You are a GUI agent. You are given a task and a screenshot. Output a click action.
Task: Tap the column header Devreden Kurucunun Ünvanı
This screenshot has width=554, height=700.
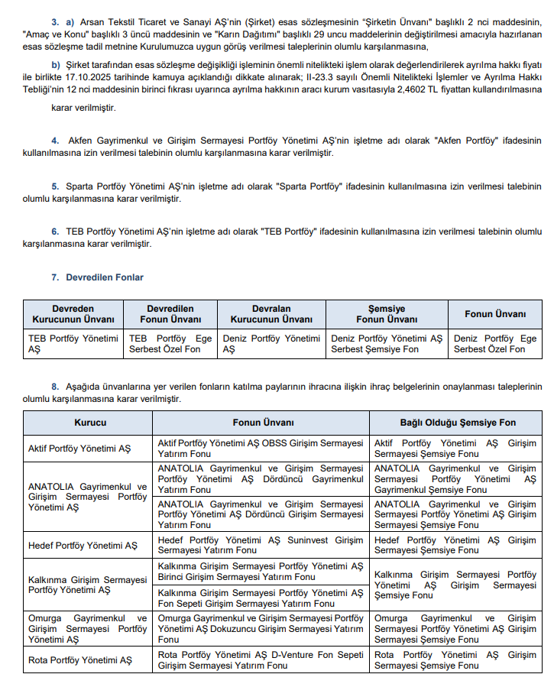pyautogui.click(x=73, y=313)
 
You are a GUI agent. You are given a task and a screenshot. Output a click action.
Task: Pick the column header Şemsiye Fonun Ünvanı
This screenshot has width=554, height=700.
pyautogui.click(x=387, y=313)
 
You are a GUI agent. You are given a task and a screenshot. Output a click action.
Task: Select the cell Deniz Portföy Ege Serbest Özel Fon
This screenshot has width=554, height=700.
pyautogui.click(x=495, y=343)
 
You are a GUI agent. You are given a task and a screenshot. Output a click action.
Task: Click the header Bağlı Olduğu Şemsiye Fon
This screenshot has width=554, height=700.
pyautogui.click(x=458, y=423)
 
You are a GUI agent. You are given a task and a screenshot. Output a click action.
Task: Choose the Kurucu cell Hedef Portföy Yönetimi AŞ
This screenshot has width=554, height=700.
pyautogui.click(x=83, y=545)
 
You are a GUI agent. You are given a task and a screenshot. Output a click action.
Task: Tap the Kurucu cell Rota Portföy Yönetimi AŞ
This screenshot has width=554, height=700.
pyautogui.click(x=79, y=659)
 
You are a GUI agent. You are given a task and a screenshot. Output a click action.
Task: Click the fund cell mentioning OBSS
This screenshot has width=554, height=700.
pyautogui.click(x=261, y=448)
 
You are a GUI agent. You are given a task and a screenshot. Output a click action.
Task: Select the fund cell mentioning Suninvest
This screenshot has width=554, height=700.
pyautogui.click(x=261, y=545)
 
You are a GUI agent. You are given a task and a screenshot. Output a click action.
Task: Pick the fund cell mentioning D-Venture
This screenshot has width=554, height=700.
pyautogui.click(x=261, y=659)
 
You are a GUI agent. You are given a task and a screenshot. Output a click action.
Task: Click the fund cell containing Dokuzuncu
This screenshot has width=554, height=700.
pyautogui.click(x=261, y=629)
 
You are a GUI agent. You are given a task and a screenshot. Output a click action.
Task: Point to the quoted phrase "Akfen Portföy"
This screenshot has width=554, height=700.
pyautogui.click(x=469, y=141)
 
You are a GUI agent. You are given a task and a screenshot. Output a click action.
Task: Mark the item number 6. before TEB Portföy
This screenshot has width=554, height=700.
pyautogui.click(x=55, y=232)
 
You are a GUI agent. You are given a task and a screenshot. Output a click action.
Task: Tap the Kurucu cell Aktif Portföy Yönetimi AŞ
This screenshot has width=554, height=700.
pyautogui.click(x=79, y=448)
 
